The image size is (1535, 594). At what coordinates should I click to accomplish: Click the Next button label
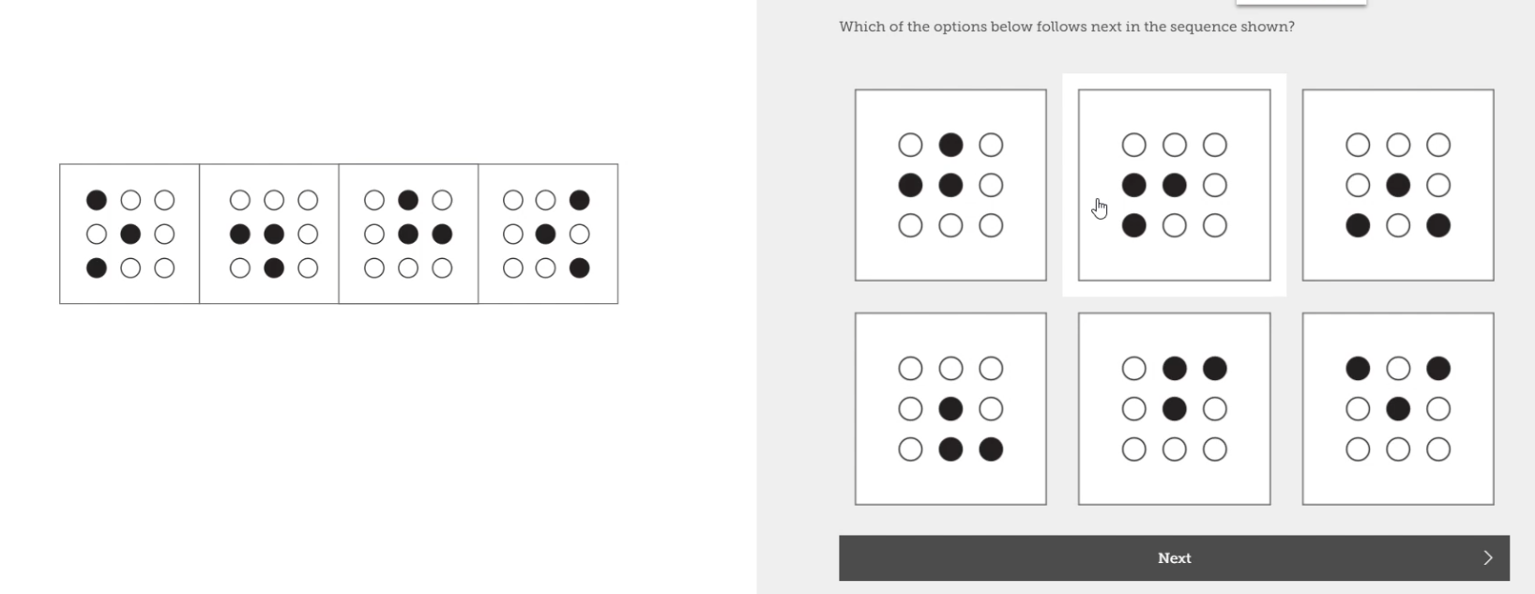coord(1174,558)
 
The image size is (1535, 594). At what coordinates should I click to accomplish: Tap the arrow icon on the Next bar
coord(1487,558)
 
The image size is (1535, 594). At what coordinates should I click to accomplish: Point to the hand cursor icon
coord(1100,208)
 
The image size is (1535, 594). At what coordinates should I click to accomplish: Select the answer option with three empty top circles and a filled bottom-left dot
coord(1174,185)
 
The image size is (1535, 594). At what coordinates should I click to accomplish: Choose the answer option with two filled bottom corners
coord(1397,185)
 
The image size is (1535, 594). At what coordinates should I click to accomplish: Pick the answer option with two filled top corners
coord(1397,409)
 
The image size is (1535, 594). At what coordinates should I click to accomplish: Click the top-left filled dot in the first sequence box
coord(97,200)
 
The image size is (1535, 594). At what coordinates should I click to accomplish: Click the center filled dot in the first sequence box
coord(130,234)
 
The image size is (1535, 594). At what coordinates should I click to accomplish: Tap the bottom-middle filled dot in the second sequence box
coord(274,268)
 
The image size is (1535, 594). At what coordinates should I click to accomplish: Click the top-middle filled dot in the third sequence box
coord(408,200)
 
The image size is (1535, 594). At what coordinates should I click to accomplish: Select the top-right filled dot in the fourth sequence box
coord(580,200)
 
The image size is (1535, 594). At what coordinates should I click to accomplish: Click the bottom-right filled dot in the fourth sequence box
coord(580,268)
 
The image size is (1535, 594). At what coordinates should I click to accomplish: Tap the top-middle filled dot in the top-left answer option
coord(950,145)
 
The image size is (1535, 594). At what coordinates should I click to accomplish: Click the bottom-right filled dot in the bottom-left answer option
coord(991,449)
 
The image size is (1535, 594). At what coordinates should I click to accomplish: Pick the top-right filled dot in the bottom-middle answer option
coord(1215,369)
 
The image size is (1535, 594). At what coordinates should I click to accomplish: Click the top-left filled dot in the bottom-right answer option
coord(1358,369)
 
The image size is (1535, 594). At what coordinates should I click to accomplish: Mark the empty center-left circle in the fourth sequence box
coord(513,234)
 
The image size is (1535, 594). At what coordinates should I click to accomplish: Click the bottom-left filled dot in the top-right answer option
coord(1358,225)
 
